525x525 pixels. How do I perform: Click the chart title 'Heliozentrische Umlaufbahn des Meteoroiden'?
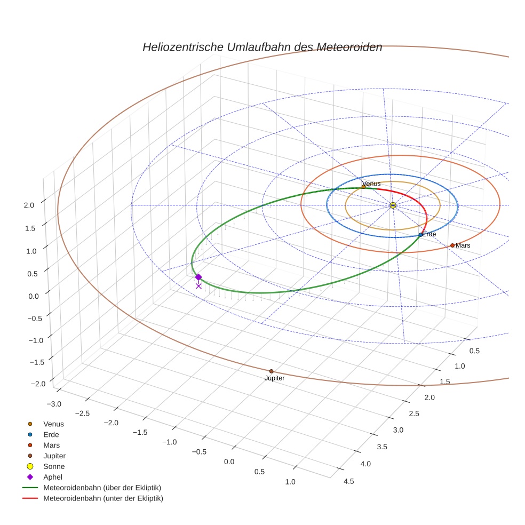tap(262, 47)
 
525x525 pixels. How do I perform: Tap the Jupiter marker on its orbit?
tap(271, 371)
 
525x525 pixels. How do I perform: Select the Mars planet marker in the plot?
tap(452, 245)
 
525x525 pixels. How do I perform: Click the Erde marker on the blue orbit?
tap(420, 235)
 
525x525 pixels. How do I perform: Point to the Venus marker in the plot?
tap(363, 187)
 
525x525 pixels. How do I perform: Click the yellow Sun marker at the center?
tap(393, 205)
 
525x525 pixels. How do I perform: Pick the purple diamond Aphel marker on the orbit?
tap(198, 277)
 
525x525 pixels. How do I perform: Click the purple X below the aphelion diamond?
tap(198, 286)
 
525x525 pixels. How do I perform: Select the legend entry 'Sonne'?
tap(54, 466)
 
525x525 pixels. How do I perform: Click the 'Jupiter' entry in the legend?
tap(54, 456)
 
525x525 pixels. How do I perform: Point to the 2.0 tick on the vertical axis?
tap(30, 205)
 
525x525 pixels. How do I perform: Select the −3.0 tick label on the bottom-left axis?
tap(54, 404)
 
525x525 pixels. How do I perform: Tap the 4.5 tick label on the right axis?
tap(349, 481)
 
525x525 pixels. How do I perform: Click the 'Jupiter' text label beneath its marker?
tap(274, 378)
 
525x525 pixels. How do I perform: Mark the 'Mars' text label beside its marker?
tap(463, 245)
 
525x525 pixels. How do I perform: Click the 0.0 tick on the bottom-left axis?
tap(229, 462)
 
